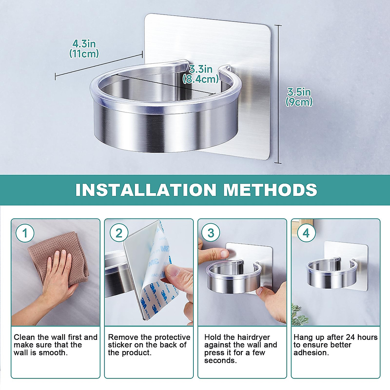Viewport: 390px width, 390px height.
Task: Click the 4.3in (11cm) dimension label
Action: pos(84,49)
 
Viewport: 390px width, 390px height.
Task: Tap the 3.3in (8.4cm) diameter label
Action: pos(201,74)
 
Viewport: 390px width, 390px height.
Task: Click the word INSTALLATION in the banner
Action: pos(146,189)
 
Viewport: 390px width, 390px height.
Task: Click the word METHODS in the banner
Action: pos(270,189)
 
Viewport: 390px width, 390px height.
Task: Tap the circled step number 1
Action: pos(25,233)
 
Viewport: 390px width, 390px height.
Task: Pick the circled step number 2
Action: pos(119,233)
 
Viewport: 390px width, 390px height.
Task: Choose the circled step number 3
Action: pos(211,233)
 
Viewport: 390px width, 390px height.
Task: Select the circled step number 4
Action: pos(306,233)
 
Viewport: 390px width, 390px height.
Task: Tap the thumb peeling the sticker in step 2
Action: pos(174,271)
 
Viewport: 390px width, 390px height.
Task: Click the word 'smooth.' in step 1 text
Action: pos(53,353)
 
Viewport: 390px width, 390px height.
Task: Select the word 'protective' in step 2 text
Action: pos(172,338)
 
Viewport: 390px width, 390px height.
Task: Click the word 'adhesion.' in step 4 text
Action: pos(311,353)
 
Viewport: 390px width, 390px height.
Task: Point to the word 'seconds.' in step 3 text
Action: pos(220,360)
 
